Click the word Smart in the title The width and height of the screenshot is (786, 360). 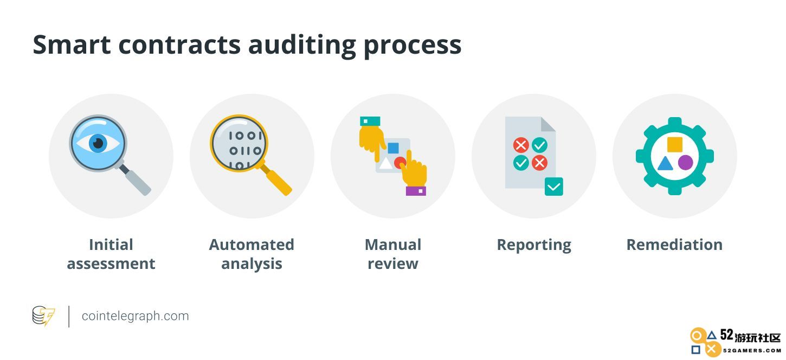[x=72, y=44]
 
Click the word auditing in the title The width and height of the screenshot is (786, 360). [x=302, y=46]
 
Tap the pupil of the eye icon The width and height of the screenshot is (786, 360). [x=98, y=143]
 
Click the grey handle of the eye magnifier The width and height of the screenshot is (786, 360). [x=136, y=180]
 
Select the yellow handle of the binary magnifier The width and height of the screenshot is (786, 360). [x=276, y=179]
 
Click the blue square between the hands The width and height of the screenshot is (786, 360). [x=393, y=148]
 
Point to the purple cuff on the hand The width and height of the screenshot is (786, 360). [x=416, y=191]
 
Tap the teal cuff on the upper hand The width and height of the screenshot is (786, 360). [x=370, y=121]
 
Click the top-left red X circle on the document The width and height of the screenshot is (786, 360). [x=521, y=145]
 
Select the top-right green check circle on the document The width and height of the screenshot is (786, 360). [x=540, y=145]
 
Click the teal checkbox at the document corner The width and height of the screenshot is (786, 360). [x=553, y=187]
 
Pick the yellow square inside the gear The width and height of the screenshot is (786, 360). [x=675, y=144]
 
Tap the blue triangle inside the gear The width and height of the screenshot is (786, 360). [x=665, y=164]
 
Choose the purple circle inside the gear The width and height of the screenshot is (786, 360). [x=685, y=163]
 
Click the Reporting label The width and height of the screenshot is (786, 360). [x=534, y=245]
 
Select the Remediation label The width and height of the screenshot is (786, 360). [x=674, y=245]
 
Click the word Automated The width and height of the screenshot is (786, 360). [x=252, y=245]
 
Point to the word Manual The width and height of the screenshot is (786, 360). [x=393, y=245]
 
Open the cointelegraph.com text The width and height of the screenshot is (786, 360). [x=135, y=316]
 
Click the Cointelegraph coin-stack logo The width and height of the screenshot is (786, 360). [x=43, y=316]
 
